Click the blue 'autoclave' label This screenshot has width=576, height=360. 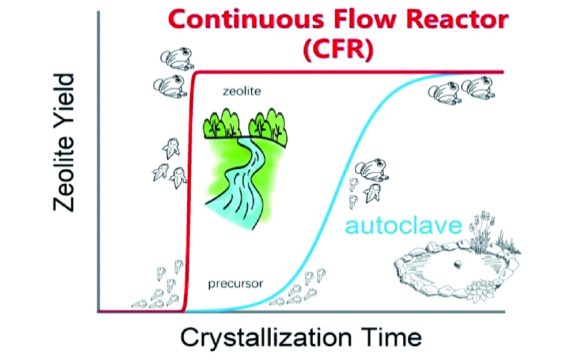(403, 225)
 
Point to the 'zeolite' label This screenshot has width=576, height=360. (242, 91)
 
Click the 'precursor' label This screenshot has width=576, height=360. (236, 283)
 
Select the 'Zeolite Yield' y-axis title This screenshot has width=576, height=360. (65, 142)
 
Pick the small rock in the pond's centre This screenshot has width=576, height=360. (457, 264)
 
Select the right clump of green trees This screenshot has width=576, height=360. (268, 127)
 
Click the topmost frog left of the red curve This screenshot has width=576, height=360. (177, 58)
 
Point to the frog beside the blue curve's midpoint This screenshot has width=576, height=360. (373, 169)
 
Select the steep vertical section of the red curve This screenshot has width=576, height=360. (189, 191)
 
